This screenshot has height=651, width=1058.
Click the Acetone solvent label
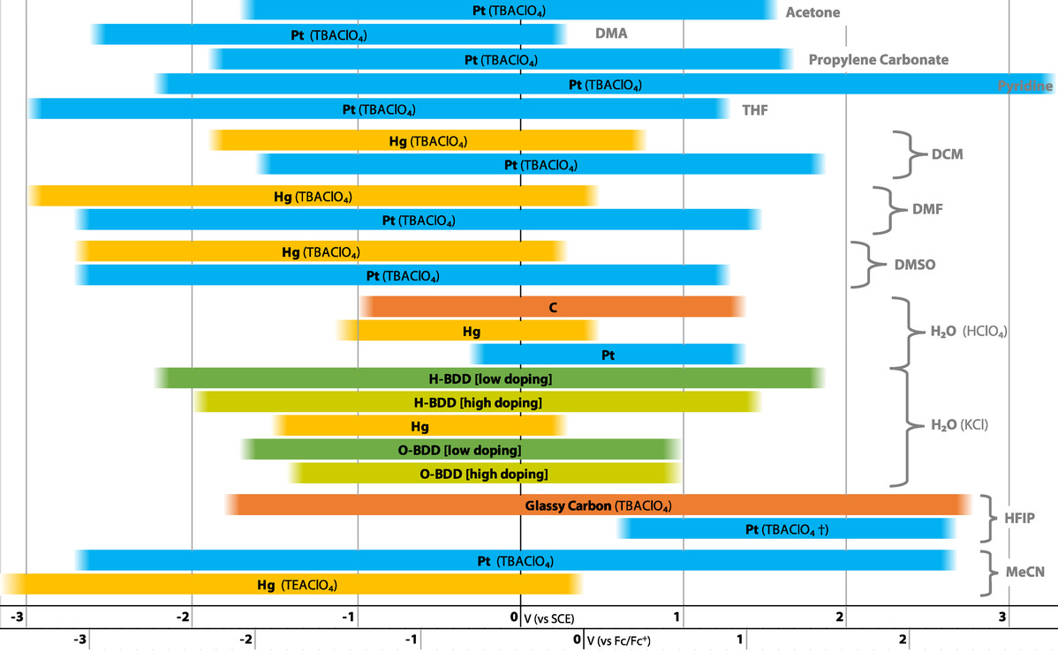click(x=812, y=12)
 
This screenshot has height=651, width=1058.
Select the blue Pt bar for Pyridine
click(x=605, y=85)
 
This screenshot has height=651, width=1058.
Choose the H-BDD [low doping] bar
click(x=490, y=378)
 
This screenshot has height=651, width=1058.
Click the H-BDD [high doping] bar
click(x=477, y=402)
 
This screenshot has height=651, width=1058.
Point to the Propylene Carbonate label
click(x=878, y=60)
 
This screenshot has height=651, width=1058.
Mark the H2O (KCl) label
click(x=958, y=424)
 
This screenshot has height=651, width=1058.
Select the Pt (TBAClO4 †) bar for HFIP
click(x=786, y=529)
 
